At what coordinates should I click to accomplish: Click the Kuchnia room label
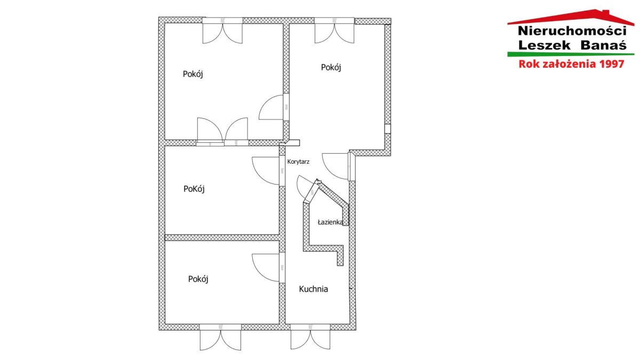tap(313, 289)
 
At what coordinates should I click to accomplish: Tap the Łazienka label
tap(330, 222)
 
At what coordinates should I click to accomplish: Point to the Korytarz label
tap(298, 162)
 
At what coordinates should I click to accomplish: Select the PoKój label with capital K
tap(194, 189)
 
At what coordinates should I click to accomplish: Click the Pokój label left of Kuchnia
tap(198, 279)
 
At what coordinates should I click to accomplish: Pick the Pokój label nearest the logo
tap(331, 67)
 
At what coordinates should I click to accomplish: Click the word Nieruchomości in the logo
tap(572, 31)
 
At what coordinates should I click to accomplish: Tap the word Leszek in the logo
tap(545, 45)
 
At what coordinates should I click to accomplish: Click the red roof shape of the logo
tap(570, 17)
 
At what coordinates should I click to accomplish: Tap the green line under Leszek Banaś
tap(571, 54)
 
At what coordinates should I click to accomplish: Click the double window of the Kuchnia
tap(310, 337)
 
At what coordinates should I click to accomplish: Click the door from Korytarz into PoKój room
tap(268, 171)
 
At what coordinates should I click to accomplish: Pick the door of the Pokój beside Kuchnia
tap(268, 268)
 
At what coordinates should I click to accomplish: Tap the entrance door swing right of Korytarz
tap(337, 166)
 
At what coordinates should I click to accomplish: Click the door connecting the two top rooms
tap(274, 107)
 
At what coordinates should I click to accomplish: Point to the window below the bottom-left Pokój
tap(220, 337)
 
